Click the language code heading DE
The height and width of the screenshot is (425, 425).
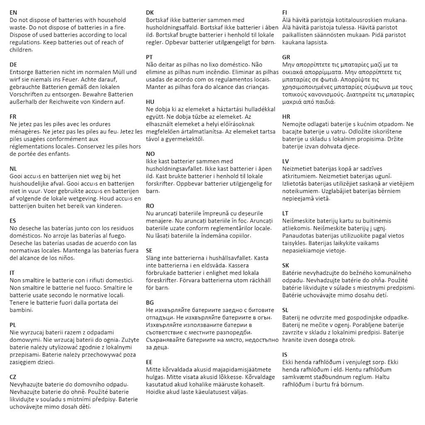pyautogui.click(x=13, y=64)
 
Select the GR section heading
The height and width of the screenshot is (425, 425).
pyautogui.click(x=286, y=57)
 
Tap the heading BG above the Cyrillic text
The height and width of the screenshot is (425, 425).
pyautogui.click(x=150, y=303)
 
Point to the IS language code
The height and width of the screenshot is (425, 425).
pyautogui.click(x=285, y=354)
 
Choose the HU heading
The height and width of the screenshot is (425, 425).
pyautogui.click(x=150, y=102)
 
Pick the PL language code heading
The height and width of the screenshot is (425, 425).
pyautogui.click(x=13, y=325)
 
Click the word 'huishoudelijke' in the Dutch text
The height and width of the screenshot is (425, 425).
pyautogui.click(x=30, y=184)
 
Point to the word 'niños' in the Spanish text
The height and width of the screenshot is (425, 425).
pyautogui.click(x=64, y=258)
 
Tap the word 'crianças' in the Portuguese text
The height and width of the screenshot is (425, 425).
pyautogui.click(x=254, y=87)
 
